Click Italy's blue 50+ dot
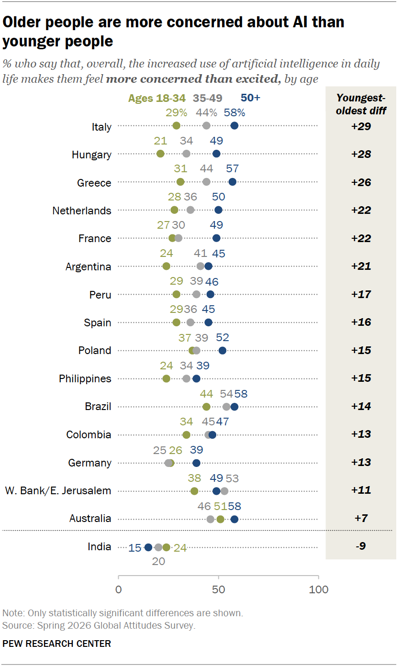234,126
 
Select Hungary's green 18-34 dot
160,154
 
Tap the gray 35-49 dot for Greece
206,182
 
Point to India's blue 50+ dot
148,547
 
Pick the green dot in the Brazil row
206,407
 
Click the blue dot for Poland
223,351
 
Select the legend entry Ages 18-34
156,98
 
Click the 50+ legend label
250,98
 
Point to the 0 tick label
118,589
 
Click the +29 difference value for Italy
361,126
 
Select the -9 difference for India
361,546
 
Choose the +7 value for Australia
361,518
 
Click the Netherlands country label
82,211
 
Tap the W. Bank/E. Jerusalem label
58,490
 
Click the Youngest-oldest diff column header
361,104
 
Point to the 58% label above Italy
234,112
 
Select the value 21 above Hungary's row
160,141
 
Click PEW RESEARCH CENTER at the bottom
56,644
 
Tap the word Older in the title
22,22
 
